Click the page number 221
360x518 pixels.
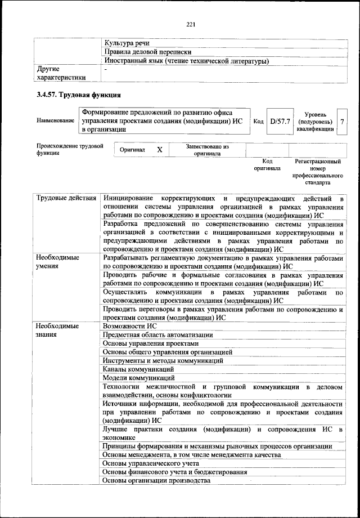(190, 24)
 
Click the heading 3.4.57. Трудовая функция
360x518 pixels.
(75, 95)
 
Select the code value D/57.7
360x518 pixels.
(280, 121)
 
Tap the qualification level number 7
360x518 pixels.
(342, 121)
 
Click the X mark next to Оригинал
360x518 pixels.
(159, 150)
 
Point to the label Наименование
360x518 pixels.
(55, 121)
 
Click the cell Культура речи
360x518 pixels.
(127, 43)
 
